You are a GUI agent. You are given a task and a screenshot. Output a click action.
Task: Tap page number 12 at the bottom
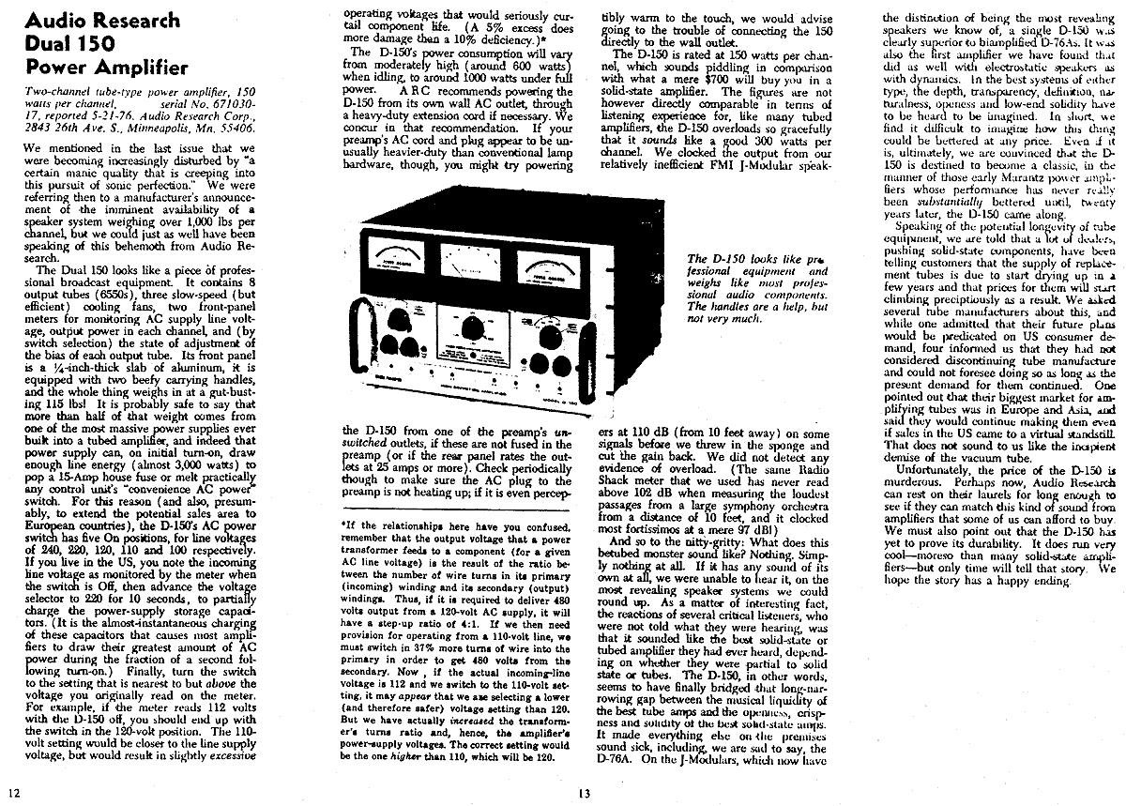click(x=13, y=794)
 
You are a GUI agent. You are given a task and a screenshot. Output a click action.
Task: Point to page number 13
click(x=584, y=794)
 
